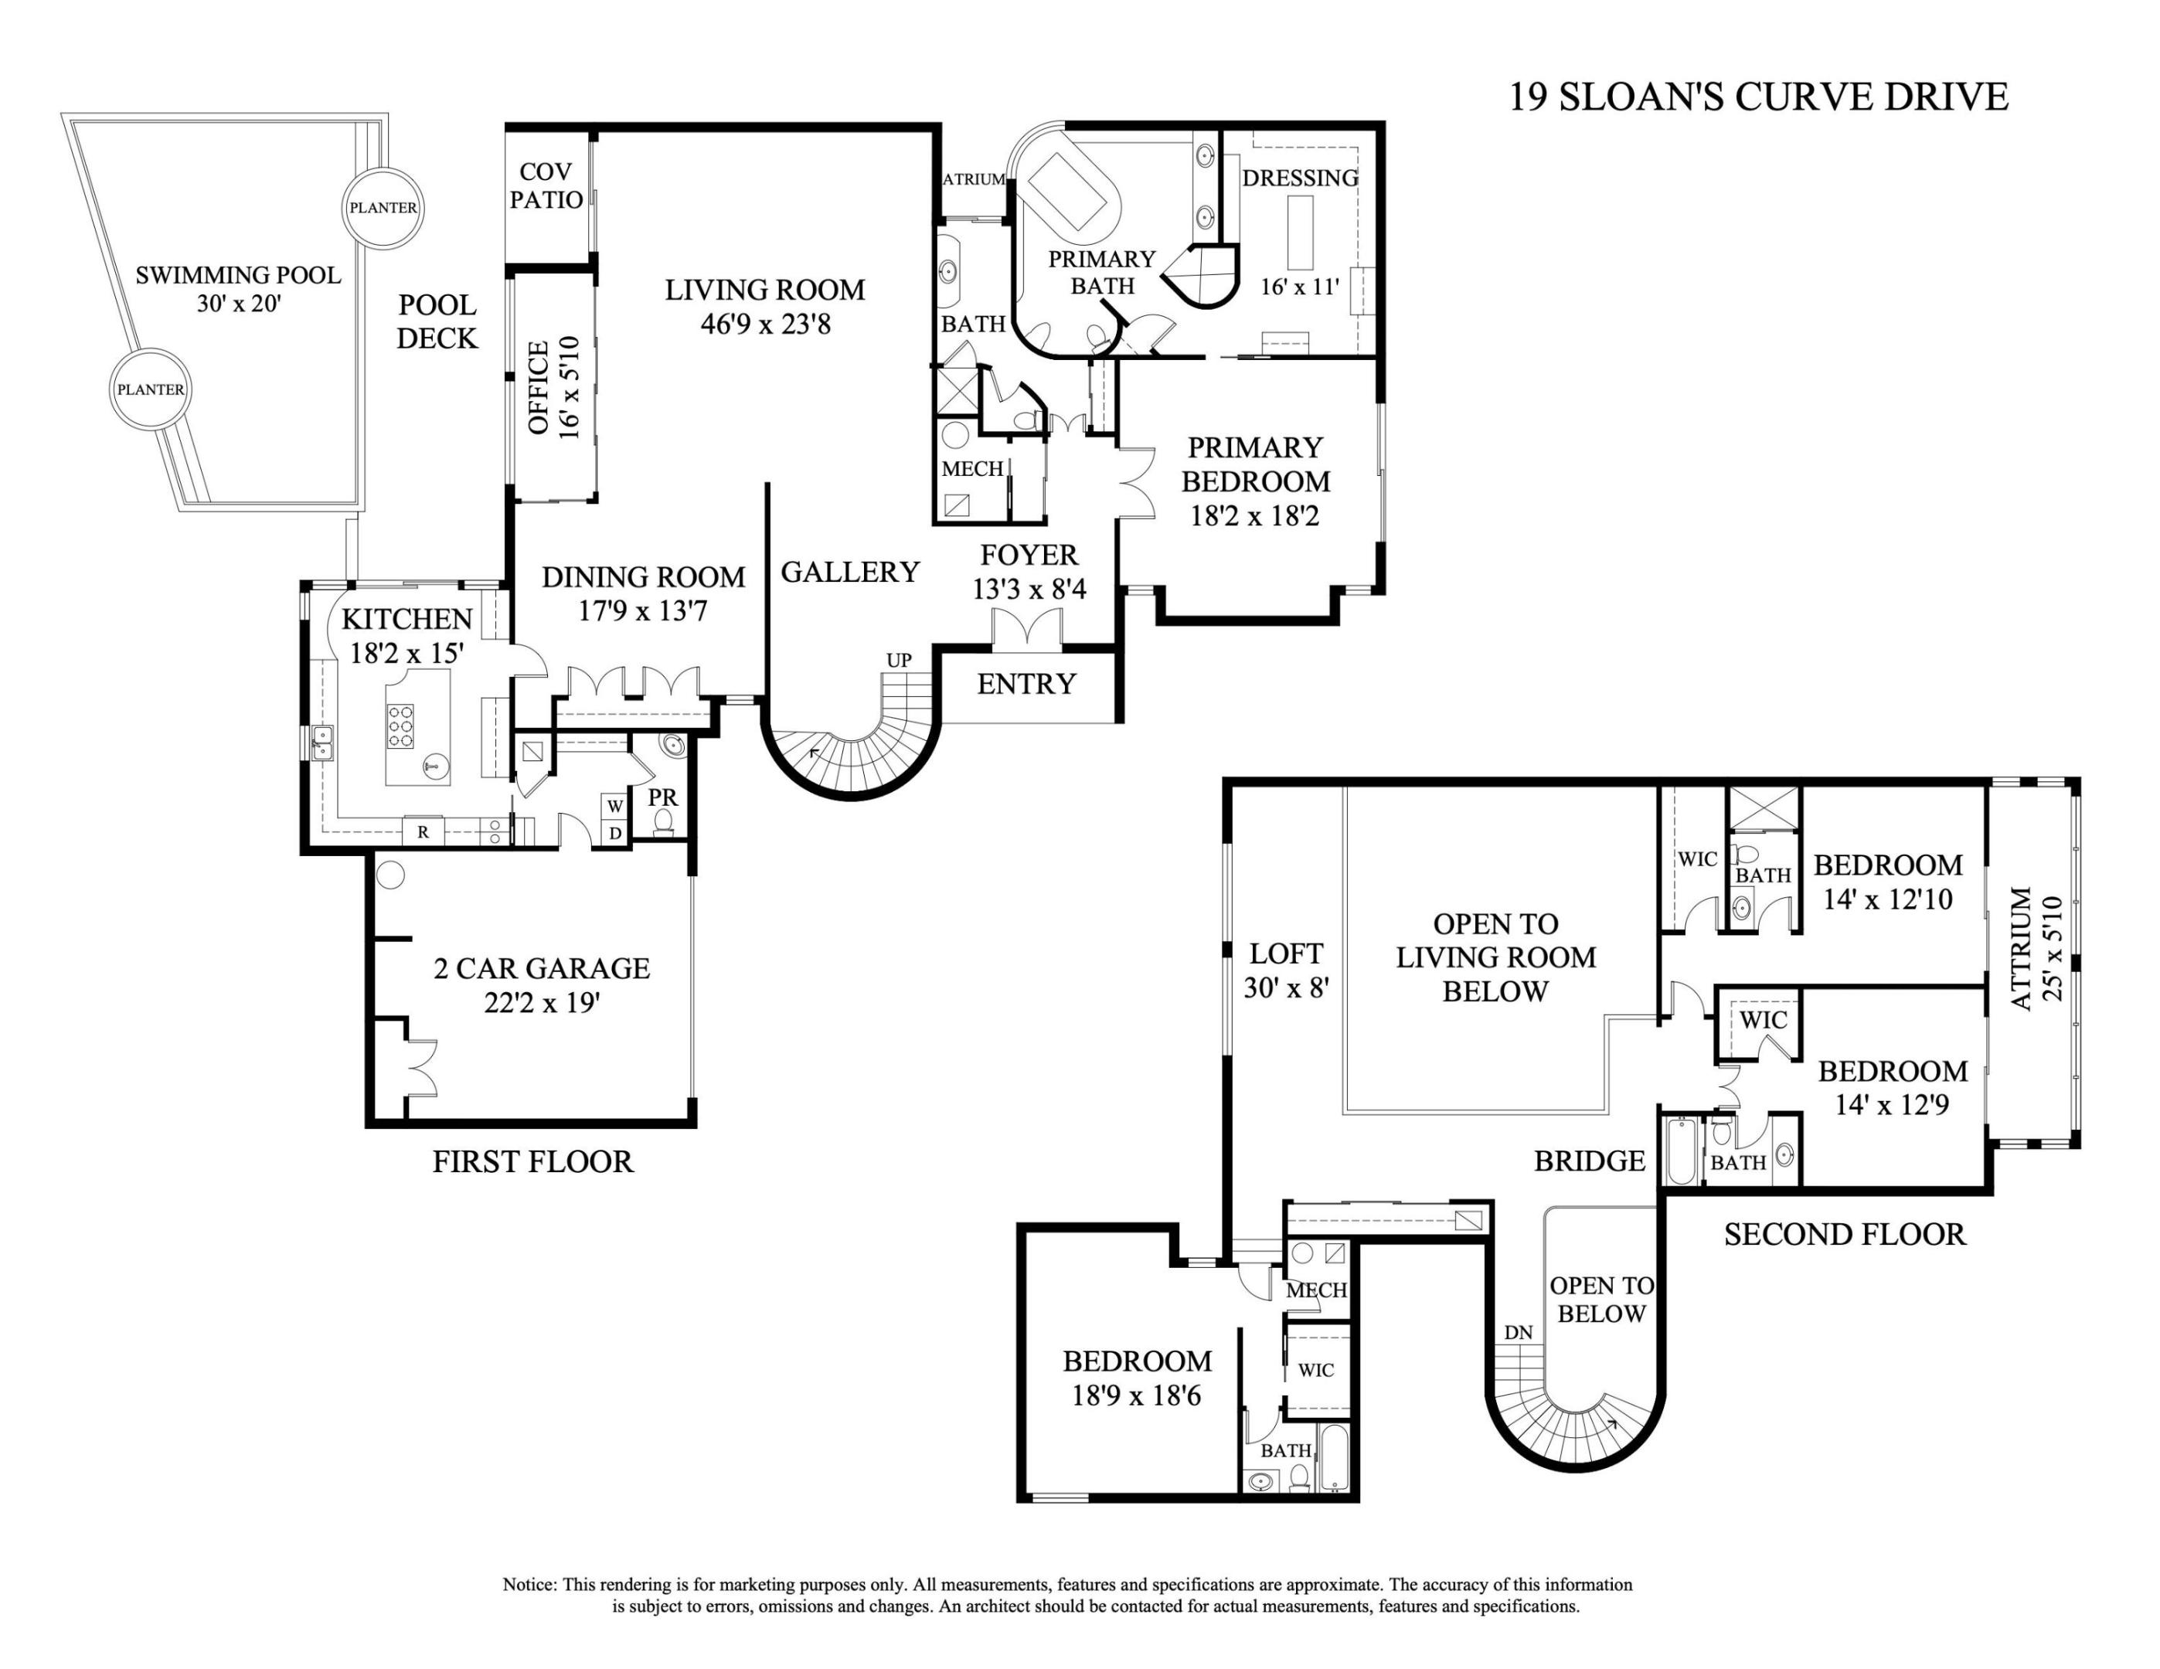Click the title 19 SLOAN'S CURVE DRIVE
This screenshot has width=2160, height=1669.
tap(1757, 97)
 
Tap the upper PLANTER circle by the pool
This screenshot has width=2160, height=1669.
tap(383, 208)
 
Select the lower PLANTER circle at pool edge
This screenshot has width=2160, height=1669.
tap(151, 389)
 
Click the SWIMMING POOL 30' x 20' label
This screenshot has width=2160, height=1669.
tap(238, 289)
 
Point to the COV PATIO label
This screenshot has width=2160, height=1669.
tap(545, 186)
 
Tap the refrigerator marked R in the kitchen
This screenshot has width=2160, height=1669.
tap(423, 832)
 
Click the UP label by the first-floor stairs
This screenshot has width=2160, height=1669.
tap(898, 661)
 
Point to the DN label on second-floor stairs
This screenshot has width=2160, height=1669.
tap(1518, 1333)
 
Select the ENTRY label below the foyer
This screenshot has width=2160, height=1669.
tap(1026, 684)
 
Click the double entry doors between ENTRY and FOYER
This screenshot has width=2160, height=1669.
tap(1026, 631)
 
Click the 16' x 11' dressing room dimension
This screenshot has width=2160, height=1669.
tap(1300, 287)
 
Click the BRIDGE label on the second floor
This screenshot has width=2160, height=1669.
tap(1590, 1161)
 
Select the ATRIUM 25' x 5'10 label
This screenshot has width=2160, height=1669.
tap(2036, 948)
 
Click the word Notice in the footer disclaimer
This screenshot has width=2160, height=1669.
tap(529, 1584)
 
